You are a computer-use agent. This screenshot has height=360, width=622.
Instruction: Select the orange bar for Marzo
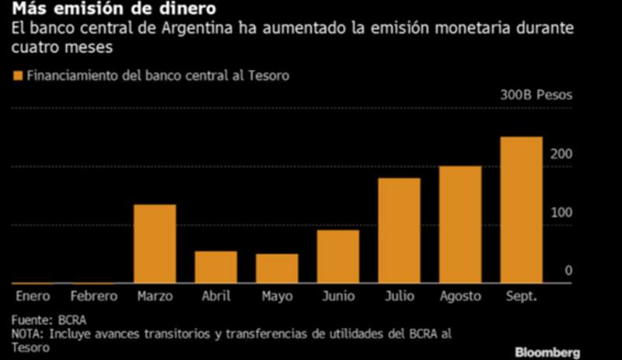pyautogui.click(x=155, y=243)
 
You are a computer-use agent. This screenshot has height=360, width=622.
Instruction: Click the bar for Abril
pyautogui.click(x=215, y=267)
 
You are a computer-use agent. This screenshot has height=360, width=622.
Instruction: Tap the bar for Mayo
pyautogui.click(x=277, y=268)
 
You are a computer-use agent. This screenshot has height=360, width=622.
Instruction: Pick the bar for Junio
pyautogui.click(x=337, y=257)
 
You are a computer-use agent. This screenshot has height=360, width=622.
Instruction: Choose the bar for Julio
pyautogui.click(x=399, y=230)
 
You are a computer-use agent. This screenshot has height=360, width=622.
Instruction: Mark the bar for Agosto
pyautogui.click(x=460, y=224)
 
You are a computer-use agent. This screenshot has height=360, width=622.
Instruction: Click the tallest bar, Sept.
pyautogui.click(x=521, y=210)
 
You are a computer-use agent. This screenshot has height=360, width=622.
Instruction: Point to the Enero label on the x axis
pyautogui.click(x=33, y=296)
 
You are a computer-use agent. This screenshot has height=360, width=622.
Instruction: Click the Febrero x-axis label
pyautogui.click(x=93, y=296)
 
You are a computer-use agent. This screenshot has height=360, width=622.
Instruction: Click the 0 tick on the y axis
pyautogui.click(x=568, y=271)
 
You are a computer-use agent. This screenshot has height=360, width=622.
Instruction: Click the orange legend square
pyautogui.click(x=17, y=76)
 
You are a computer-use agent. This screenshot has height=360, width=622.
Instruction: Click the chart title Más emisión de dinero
pyautogui.click(x=113, y=11)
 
